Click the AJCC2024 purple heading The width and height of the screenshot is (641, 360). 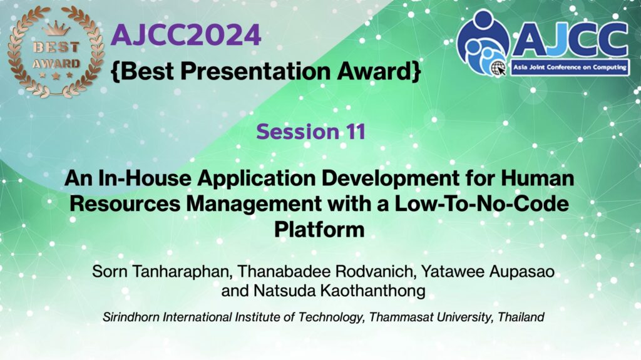186,35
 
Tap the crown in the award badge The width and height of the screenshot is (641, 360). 56,29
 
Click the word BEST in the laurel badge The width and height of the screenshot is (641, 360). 56,47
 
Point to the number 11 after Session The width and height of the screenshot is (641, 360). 355,131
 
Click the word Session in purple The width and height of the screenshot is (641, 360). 298,131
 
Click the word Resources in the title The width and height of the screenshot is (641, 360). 125,203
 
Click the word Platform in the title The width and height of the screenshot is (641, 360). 319,229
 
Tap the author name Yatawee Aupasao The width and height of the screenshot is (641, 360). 488,271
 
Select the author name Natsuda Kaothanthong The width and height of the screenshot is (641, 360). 339,291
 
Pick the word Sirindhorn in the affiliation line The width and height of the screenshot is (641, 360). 131,317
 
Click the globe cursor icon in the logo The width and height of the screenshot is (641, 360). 499,68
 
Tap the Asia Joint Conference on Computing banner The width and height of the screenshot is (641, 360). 570,67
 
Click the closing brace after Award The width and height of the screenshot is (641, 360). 416,71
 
